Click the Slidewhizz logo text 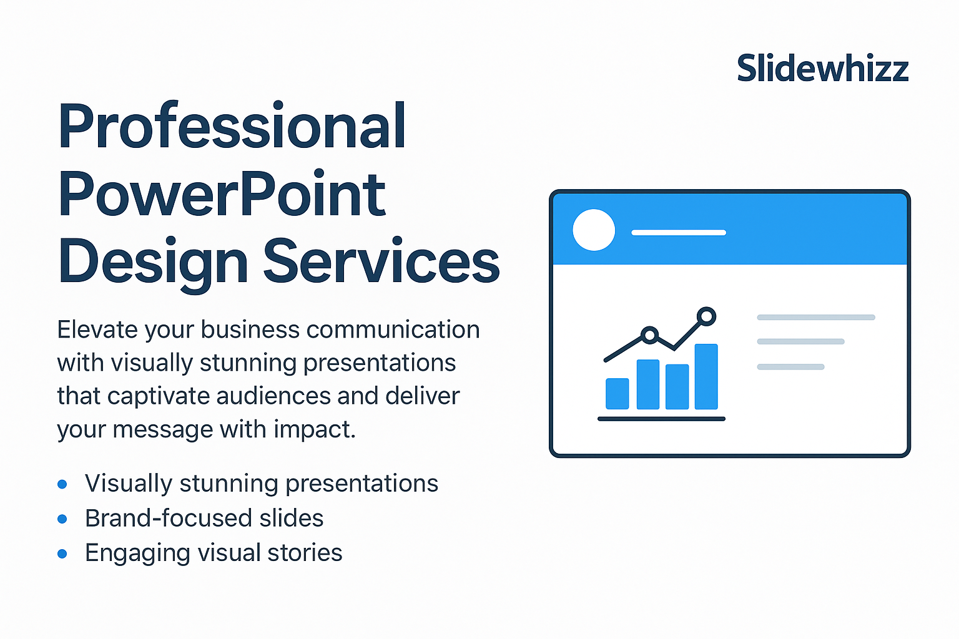[x=822, y=68]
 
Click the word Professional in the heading [x=232, y=125]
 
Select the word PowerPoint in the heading [x=222, y=193]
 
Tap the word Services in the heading [x=381, y=261]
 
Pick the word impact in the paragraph [x=315, y=430]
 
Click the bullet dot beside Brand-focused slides [x=62, y=519]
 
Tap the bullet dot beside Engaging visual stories [x=62, y=554]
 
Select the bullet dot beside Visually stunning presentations [x=62, y=484]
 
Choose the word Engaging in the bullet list [x=137, y=554]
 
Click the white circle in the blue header [x=594, y=230]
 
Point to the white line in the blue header [x=679, y=232]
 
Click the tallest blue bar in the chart [x=706, y=376]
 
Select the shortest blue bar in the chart [x=617, y=394]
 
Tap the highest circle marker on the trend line [x=706, y=317]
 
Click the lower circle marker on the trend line [x=650, y=334]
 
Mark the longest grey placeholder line [x=816, y=317]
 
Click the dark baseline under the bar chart [x=661, y=419]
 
